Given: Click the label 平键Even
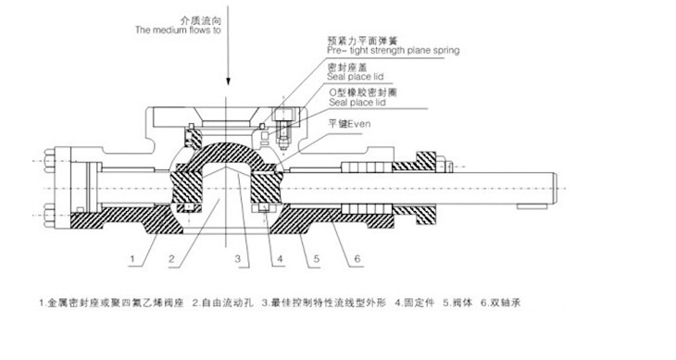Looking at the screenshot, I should point(348,121).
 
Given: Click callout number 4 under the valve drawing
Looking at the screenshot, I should point(277,256).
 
